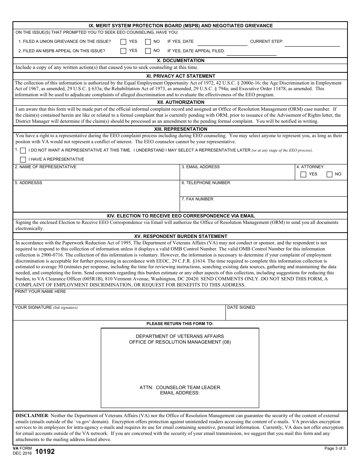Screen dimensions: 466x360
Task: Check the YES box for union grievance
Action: click(x=123, y=42)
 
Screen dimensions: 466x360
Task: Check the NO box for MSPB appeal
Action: click(x=148, y=51)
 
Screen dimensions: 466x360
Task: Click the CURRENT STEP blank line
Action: click(x=312, y=43)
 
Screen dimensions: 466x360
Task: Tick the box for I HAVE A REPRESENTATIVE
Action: click(x=23, y=160)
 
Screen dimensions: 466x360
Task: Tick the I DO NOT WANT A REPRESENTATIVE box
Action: click(x=23, y=150)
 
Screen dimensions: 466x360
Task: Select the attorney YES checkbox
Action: click(x=303, y=174)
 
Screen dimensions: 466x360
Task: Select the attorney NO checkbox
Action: click(x=329, y=174)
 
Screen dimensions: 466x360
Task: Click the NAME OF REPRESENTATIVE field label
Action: click(x=45, y=167)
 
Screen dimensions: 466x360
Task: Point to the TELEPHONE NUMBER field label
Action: click(x=206, y=183)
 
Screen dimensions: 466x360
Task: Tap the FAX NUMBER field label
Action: click(x=197, y=199)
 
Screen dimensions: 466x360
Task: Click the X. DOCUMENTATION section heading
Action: click(x=180, y=61)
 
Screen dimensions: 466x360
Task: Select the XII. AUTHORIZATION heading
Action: click(x=180, y=102)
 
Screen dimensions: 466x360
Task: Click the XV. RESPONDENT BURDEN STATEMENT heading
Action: click(x=180, y=236)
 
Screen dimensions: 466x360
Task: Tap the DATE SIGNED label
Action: click(x=241, y=308)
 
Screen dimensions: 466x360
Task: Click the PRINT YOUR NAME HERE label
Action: click(x=40, y=292)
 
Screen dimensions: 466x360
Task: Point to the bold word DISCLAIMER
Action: click(x=32, y=416)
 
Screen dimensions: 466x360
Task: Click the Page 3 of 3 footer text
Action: click(x=335, y=449)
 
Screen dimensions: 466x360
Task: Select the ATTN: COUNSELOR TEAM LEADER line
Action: click(x=180, y=388)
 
